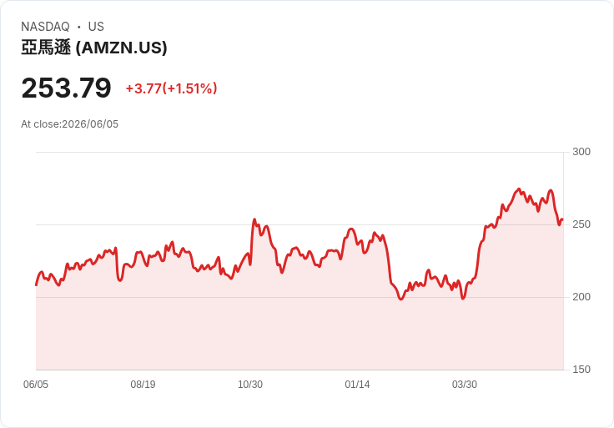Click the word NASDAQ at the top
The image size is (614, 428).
click(45, 27)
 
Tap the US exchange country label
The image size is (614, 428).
click(96, 27)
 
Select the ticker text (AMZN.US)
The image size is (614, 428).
click(121, 48)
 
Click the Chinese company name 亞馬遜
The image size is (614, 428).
click(46, 48)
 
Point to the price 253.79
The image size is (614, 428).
click(66, 88)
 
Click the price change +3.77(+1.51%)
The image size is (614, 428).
click(171, 88)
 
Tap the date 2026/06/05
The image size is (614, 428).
click(90, 124)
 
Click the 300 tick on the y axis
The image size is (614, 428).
click(581, 152)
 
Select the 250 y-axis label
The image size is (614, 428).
click(581, 224)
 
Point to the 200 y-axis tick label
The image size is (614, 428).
click(581, 297)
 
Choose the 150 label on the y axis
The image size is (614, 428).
click(581, 370)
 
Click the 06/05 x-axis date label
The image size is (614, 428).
click(36, 385)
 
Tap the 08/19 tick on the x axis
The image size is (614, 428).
click(143, 385)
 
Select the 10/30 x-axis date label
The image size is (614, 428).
click(250, 385)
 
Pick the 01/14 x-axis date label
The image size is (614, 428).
click(357, 385)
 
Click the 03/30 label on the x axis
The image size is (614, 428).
click(465, 385)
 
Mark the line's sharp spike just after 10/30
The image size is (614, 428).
click(254, 219)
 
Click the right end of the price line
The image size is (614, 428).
click(563, 219)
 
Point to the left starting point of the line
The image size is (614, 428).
click(36, 285)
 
